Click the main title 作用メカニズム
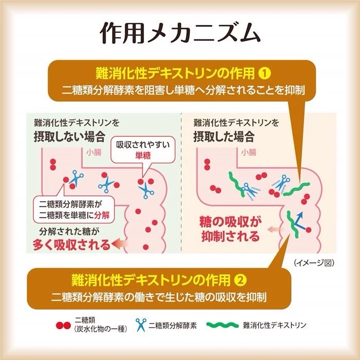179,32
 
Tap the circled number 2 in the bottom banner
240,280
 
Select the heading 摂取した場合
224,137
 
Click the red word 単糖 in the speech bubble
143,155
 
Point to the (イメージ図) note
315,262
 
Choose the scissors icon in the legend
140,325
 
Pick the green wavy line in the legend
224,325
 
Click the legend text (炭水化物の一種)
99,330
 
